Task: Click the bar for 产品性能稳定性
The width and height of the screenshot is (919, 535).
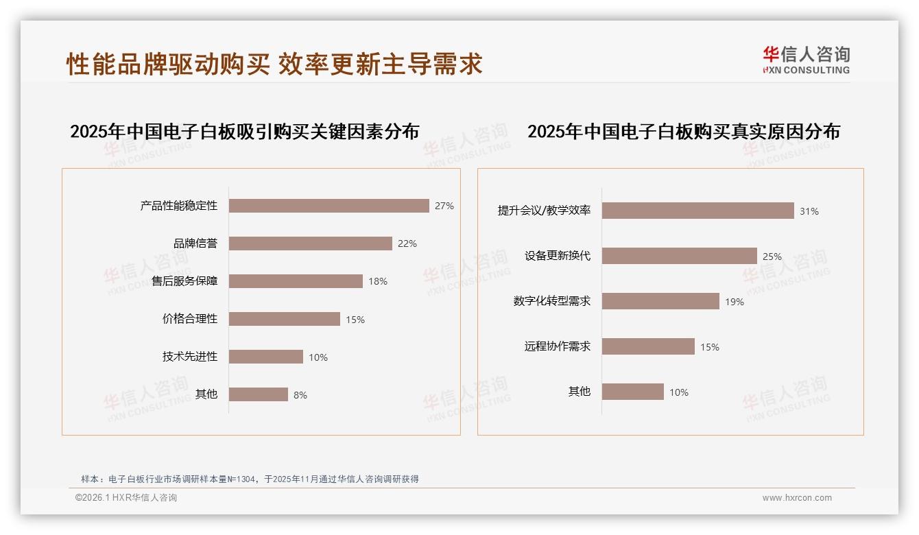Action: [x=329, y=206]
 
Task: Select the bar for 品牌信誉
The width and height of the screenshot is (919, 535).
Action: [x=310, y=243]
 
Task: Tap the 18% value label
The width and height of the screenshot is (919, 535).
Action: [x=378, y=281]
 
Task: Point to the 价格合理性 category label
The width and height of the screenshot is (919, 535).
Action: [x=190, y=319]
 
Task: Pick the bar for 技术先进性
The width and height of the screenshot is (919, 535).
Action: [x=265, y=357]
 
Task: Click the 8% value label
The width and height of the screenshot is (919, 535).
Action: [x=300, y=395]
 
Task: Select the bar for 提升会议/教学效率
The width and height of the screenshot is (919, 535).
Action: [x=697, y=211]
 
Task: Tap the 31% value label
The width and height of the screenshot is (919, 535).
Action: [x=809, y=211]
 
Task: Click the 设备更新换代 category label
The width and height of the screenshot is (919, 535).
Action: [x=558, y=256]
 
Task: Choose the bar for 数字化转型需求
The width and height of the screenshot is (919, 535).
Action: [x=660, y=301]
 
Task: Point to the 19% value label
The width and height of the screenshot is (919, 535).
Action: [x=735, y=302]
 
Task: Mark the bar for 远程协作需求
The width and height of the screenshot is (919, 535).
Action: [x=648, y=346]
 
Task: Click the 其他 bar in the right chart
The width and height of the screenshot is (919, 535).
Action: [x=632, y=392]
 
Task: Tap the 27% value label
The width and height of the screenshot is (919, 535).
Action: [x=444, y=206]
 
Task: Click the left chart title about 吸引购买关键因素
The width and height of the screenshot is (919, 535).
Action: [x=244, y=131]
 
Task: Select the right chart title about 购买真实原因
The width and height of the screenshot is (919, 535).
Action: [x=683, y=131]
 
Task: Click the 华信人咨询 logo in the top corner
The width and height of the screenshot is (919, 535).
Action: [x=806, y=60]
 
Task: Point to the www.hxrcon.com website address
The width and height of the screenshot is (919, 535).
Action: [x=797, y=498]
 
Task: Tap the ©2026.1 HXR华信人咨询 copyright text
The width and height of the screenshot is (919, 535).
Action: [x=126, y=498]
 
